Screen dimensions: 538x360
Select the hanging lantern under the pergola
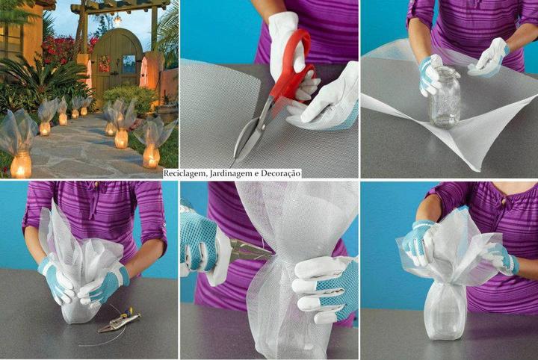click(x=118, y=19)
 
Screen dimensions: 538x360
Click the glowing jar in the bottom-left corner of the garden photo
click(x=21, y=165)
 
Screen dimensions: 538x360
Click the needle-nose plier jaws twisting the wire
click(x=250, y=250)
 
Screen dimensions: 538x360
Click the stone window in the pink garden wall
click(x=144, y=73)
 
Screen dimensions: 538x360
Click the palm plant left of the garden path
click(x=41, y=79)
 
